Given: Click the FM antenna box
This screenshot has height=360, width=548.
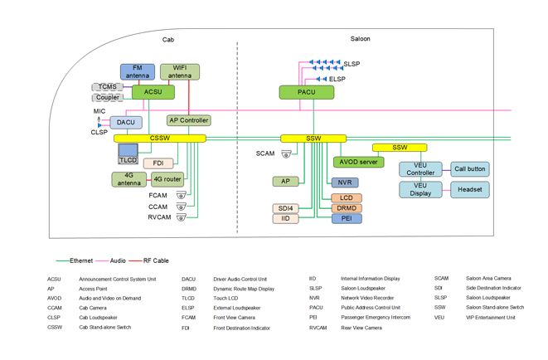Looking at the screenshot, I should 138,72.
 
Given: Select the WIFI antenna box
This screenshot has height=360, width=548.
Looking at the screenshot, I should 180,72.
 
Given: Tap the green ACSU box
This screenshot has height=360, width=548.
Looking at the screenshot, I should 153,92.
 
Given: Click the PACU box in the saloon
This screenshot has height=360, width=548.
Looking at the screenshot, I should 307,92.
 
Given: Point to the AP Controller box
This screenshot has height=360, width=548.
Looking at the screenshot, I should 189,120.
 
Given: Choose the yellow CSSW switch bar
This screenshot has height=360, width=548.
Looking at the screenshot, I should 160,139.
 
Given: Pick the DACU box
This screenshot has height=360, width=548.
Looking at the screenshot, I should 126,123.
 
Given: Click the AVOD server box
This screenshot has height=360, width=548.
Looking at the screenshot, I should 358,162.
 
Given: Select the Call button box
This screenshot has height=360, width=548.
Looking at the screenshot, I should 470,169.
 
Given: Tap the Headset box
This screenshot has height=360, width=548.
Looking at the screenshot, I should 470,189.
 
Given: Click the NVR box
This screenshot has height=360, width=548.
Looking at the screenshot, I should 344,182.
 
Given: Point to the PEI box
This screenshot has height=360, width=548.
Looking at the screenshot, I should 347,219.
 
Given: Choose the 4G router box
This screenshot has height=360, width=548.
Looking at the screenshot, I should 167,179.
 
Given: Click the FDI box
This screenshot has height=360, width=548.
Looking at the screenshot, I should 158,163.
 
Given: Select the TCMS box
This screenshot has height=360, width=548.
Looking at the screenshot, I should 107,87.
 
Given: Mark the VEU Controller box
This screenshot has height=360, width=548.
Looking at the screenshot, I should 420,169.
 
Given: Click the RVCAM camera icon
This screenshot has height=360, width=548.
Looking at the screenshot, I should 181,217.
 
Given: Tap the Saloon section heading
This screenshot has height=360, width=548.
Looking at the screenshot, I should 361,39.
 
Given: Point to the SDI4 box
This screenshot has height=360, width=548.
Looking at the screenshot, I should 285,208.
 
